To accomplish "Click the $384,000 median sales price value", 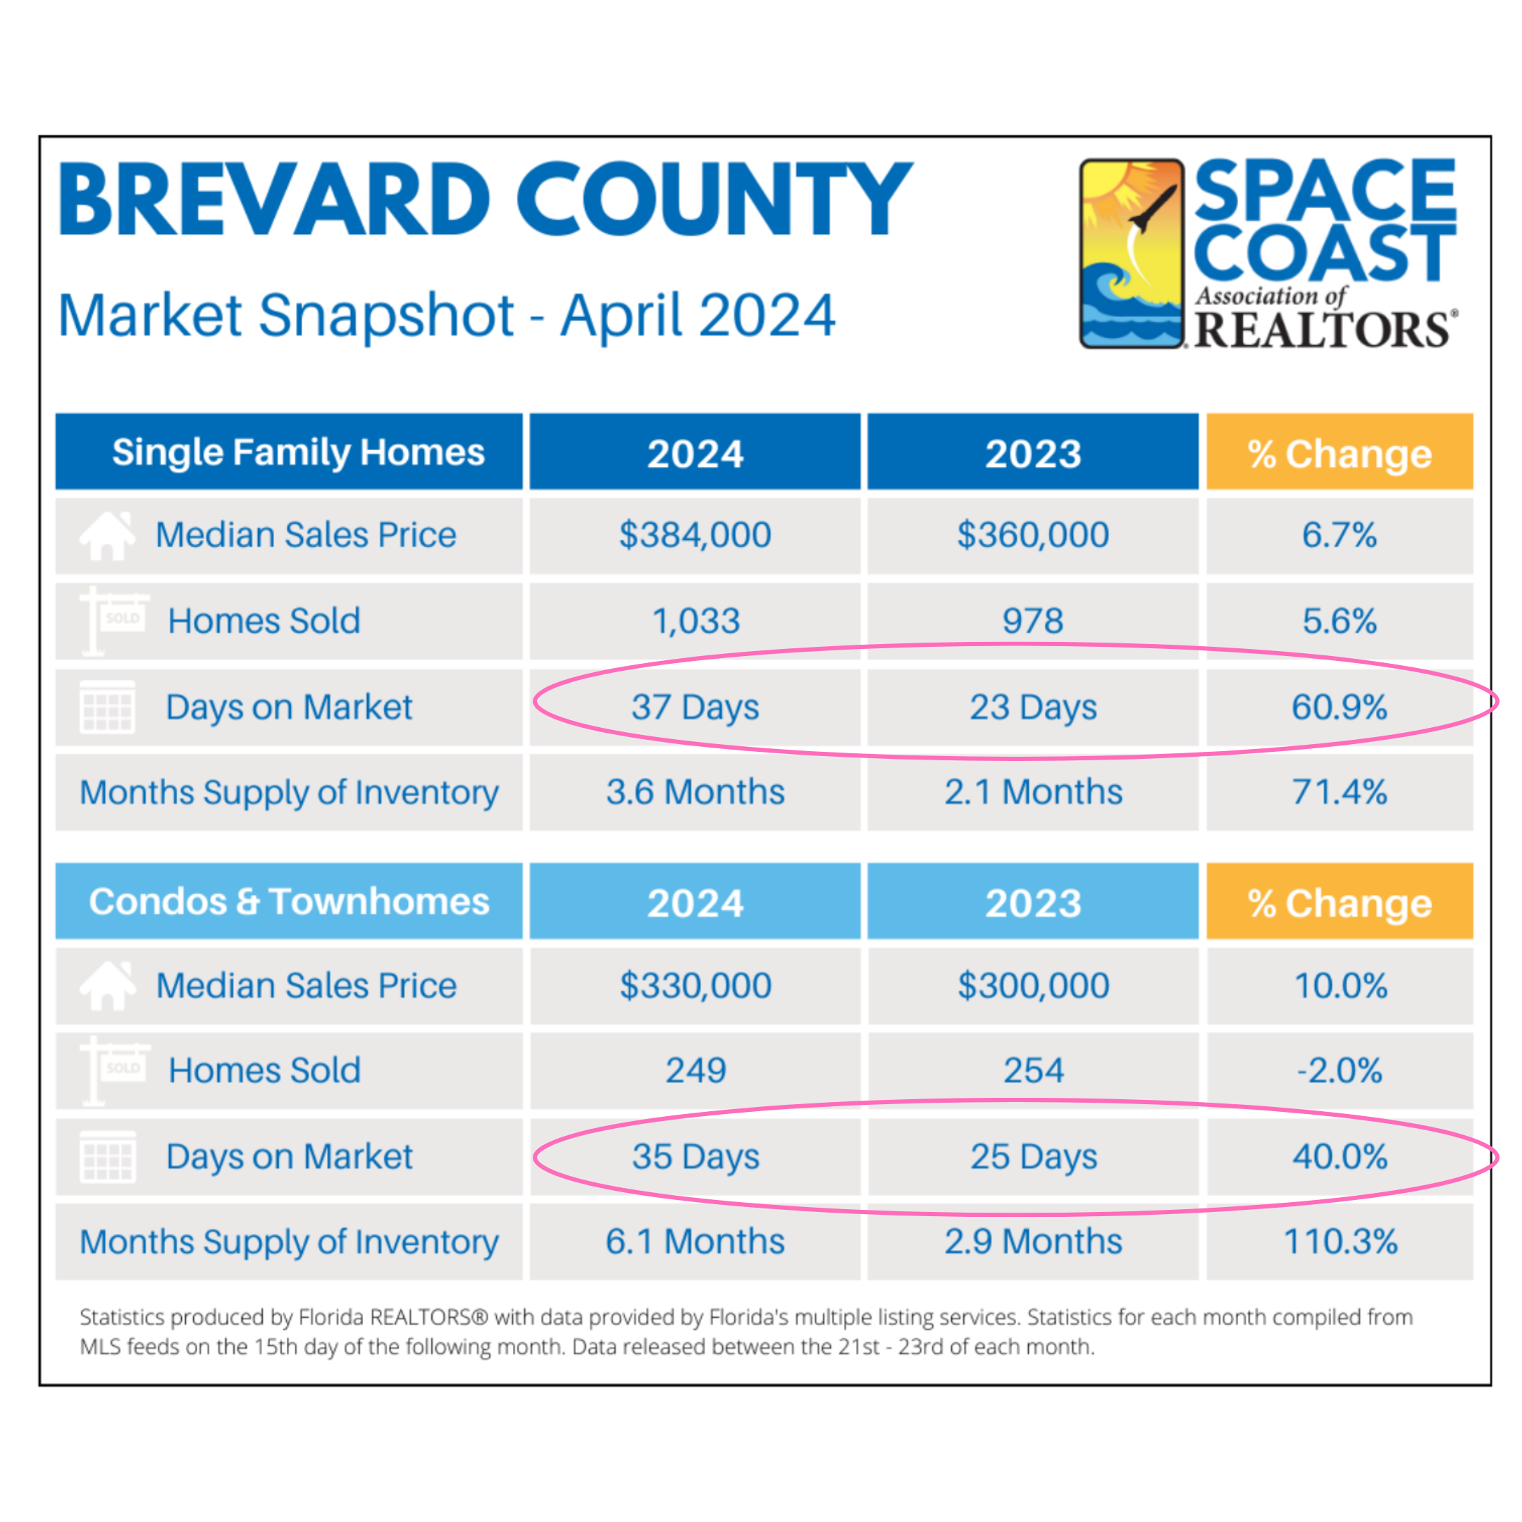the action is tap(695, 535).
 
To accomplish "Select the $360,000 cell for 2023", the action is tap(1033, 535).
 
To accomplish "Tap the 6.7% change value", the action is tap(1340, 535).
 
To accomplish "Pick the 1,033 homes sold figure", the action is tap(696, 621).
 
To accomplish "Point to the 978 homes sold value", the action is tap(1033, 621).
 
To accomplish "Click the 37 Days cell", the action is tap(695, 707).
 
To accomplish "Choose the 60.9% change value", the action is tap(1340, 707).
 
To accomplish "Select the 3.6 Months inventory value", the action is tap(695, 792).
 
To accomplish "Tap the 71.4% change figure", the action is tap(1340, 792).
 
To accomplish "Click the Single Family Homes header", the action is tap(298, 453).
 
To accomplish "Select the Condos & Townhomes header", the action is tap(289, 901).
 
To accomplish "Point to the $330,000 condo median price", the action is tap(695, 986).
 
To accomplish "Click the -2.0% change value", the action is tap(1340, 1070).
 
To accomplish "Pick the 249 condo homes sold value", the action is tap(695, 1070).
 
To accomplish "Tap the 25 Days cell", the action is tap(1034, 1156).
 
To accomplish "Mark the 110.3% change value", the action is tap(1340, 1242).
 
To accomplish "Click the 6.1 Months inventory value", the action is tap(695, 1242).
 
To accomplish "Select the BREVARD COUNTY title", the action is tap(485, 199).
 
